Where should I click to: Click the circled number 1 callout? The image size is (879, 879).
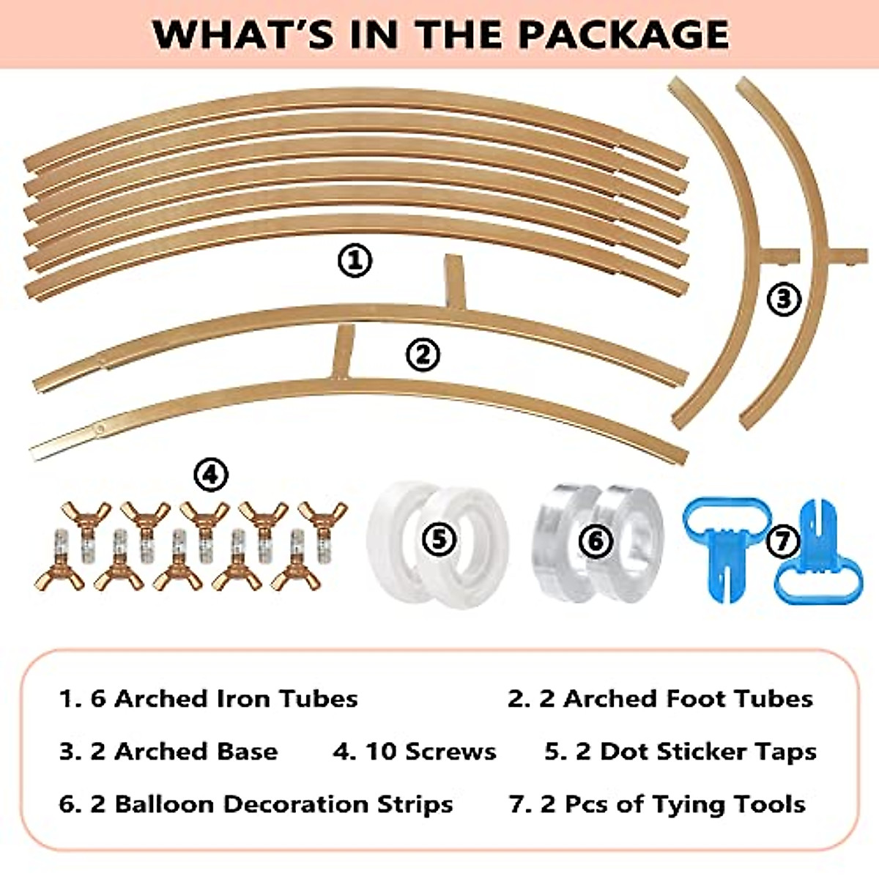pos(355,261)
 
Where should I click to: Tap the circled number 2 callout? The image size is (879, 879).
pos(423,355)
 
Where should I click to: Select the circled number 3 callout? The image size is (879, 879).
pos(784,299)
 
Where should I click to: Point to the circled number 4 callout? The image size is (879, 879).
pos(210,475)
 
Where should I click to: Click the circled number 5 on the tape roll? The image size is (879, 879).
pos(438,540)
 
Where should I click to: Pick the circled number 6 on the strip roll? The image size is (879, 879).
pos(595,541)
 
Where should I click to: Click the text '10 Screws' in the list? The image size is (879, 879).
pos(415,752)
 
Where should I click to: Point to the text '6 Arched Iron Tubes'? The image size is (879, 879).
pos(209,699)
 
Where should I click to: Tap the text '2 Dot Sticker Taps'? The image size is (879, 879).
pos(680,752)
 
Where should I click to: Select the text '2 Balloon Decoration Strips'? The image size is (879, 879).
pos(256,804)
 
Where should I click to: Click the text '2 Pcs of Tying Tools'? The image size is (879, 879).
pos(657,804)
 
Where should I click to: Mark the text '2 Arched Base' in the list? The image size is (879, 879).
pos(168,752)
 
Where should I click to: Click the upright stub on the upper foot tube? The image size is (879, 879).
pos(455,282)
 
